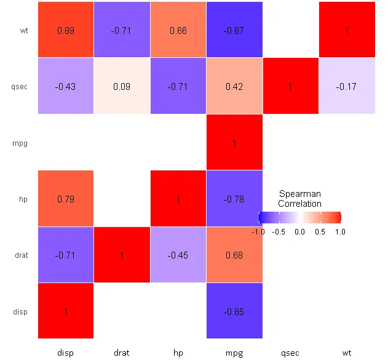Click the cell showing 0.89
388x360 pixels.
(66, 30)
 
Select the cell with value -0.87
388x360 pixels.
(234, 30)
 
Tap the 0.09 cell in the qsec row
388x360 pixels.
(122, 86)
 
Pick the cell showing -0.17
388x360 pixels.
(347, 86)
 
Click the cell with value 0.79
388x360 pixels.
(66, 199)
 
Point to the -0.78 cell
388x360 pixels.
(234, 199)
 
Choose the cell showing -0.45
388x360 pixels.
(178, 255)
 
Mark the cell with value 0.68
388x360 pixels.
(234, 255)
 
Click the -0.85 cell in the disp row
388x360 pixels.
(234, 311)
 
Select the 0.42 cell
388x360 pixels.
(234, 86)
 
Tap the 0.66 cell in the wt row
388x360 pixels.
(178, 30)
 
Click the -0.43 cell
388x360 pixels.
(66, 86)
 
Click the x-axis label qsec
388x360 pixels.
(290, 353)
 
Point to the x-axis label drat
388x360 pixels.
(122, 353)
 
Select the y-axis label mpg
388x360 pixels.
(20, 143)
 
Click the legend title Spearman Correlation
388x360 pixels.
(299, 199)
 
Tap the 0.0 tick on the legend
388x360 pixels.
(299, 232)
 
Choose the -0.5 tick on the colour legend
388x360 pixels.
(279, 232)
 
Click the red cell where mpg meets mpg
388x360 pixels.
(234, 143)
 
